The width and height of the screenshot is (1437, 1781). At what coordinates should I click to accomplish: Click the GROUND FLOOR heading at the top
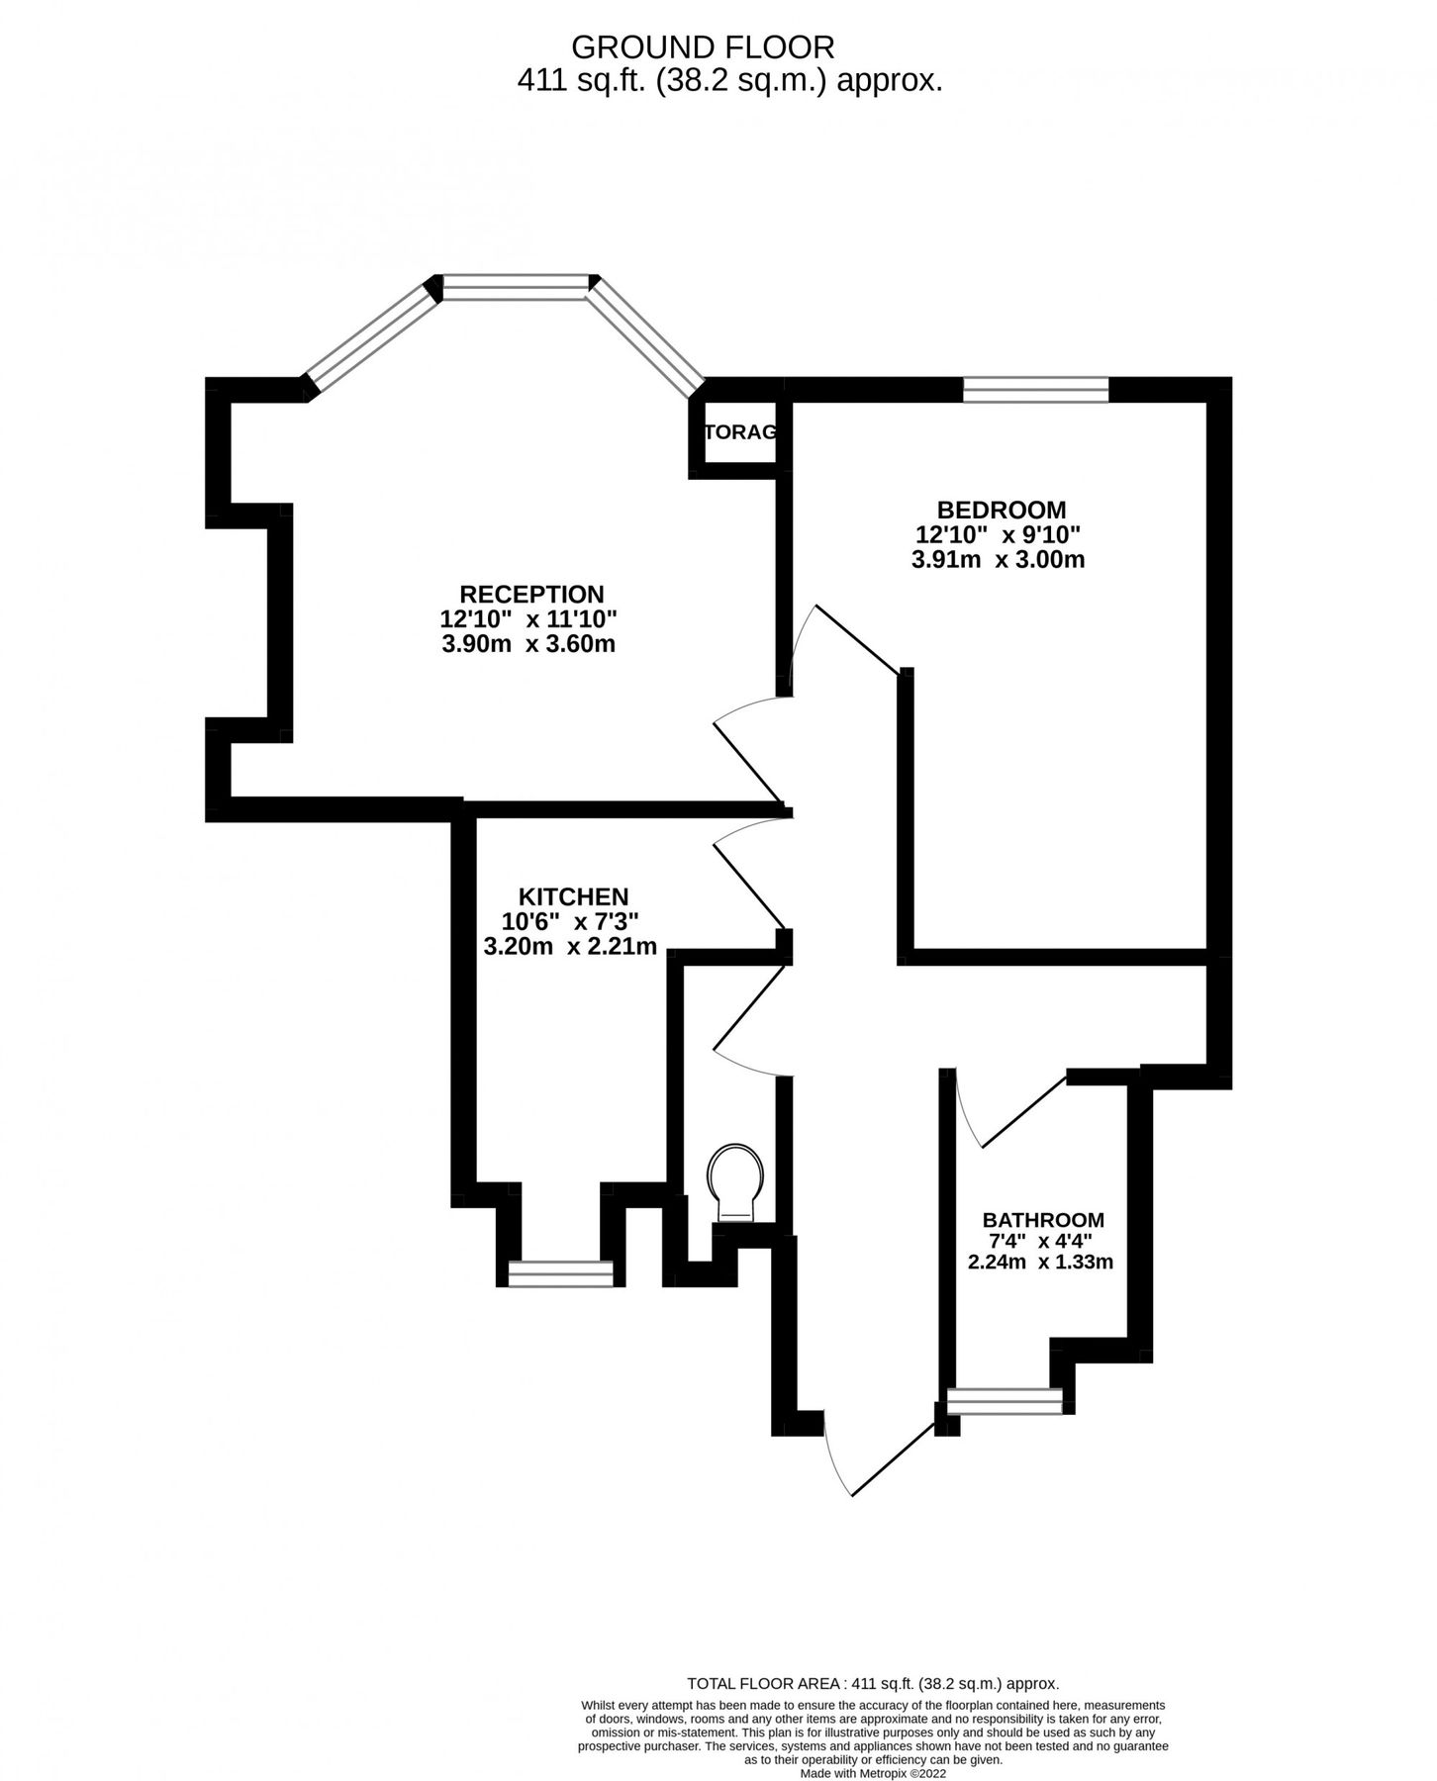pyautogui.click(x=703, y=47)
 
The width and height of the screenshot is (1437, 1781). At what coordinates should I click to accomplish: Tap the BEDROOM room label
pyautogui.click(x=1001, y=510)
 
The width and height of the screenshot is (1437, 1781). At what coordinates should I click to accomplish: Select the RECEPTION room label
pyautogui.click(x=531, y=594)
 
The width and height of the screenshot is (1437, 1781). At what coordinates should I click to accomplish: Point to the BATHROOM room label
pyautogui.click(x=1043, y=1220)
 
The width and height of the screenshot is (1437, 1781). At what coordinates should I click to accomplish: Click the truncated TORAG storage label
pyautogui.click(x=740, y=432)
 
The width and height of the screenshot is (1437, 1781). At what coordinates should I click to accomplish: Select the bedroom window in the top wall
pyautogui.click(x=1035, y=390)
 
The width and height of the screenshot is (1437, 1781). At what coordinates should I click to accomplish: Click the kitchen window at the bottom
pyautogui.click(x=560, y=1273)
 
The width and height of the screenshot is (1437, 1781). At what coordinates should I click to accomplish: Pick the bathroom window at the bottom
pyautogui.click(x=1005, y=1401)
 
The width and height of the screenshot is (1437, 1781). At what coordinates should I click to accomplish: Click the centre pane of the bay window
pyautogui.click(x=515, y=287)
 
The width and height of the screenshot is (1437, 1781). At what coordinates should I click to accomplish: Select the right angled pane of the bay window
pyautogui.click(x=649, y=336)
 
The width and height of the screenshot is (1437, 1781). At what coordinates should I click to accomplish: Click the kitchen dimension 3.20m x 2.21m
pyautogui.click(x=570, y=947)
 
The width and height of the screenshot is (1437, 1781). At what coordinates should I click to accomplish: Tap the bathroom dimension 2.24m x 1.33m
pyautogui.click(x=1040, y=1262)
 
